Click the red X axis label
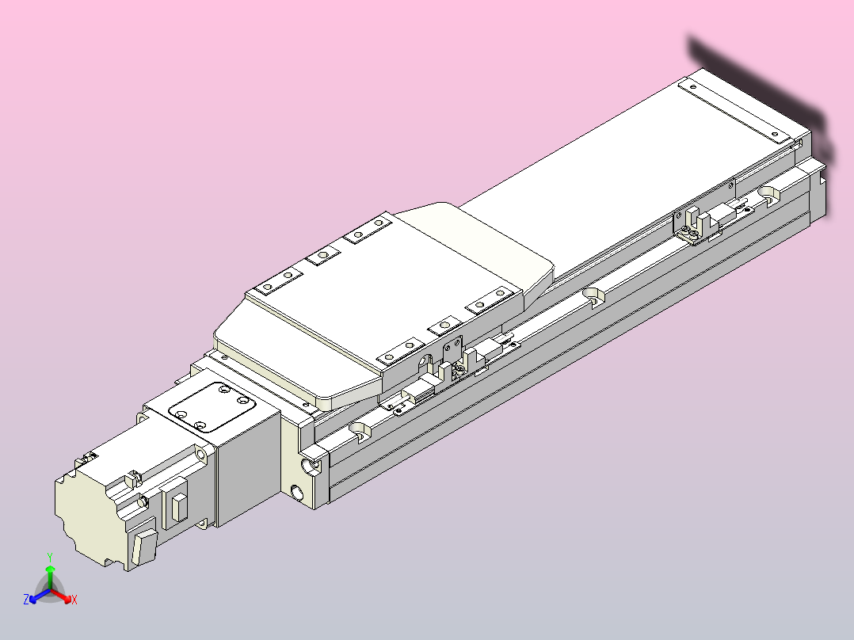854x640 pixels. coord(74,600)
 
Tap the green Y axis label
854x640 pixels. coord(49,557)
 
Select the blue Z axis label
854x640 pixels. coord(26,600)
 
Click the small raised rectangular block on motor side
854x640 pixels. coord(178,507)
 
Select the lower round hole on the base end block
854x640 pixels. coord(298,495)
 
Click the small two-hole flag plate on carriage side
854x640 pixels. coord(452,349)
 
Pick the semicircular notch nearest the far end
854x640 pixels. coord(769,192)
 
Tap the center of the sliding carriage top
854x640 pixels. coord(380,305)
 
